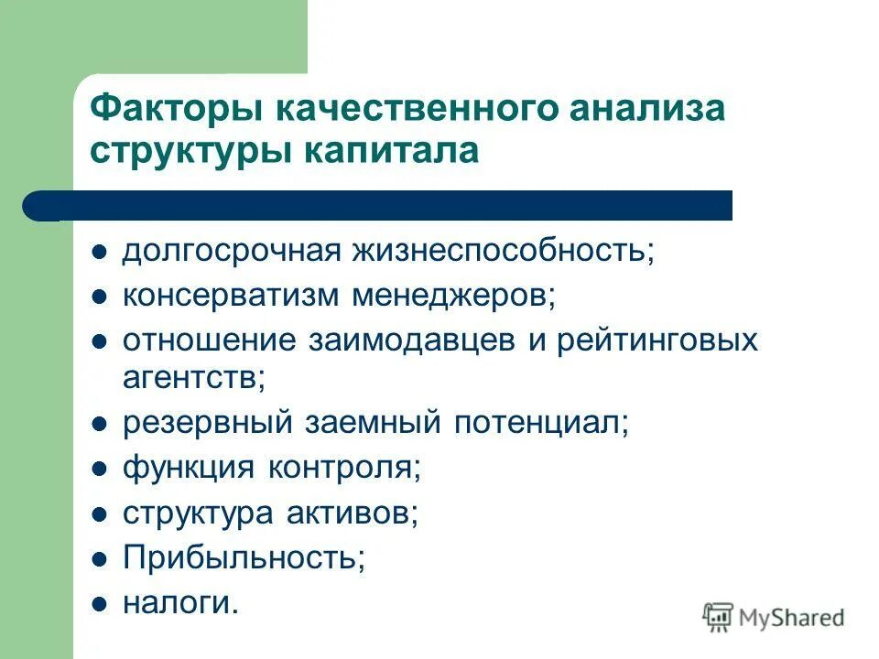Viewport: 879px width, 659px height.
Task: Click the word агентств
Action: [193, 377]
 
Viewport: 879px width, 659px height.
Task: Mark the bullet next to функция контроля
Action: [101, 469]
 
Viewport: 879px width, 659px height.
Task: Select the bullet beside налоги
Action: [101, 603]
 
